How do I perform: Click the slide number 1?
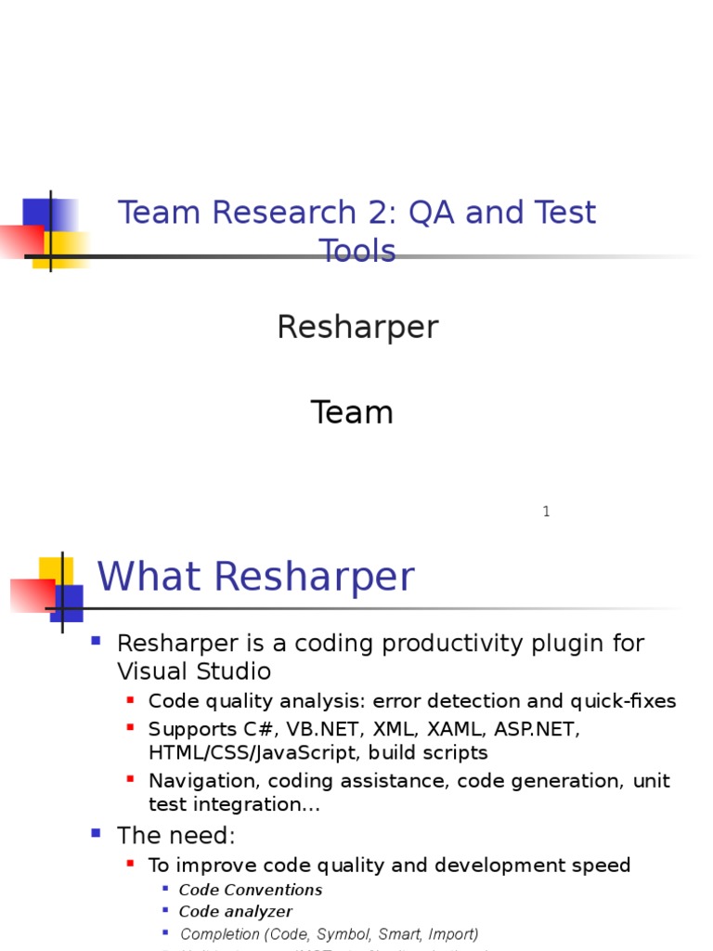546,512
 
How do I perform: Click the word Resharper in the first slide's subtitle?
357,328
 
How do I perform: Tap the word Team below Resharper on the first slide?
352,412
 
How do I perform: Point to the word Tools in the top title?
357,252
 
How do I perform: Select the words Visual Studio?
194,671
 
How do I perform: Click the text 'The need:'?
175,836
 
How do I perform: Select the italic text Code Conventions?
251,890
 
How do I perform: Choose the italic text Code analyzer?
236,912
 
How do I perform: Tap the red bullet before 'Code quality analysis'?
131,699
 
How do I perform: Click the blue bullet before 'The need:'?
96,833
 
